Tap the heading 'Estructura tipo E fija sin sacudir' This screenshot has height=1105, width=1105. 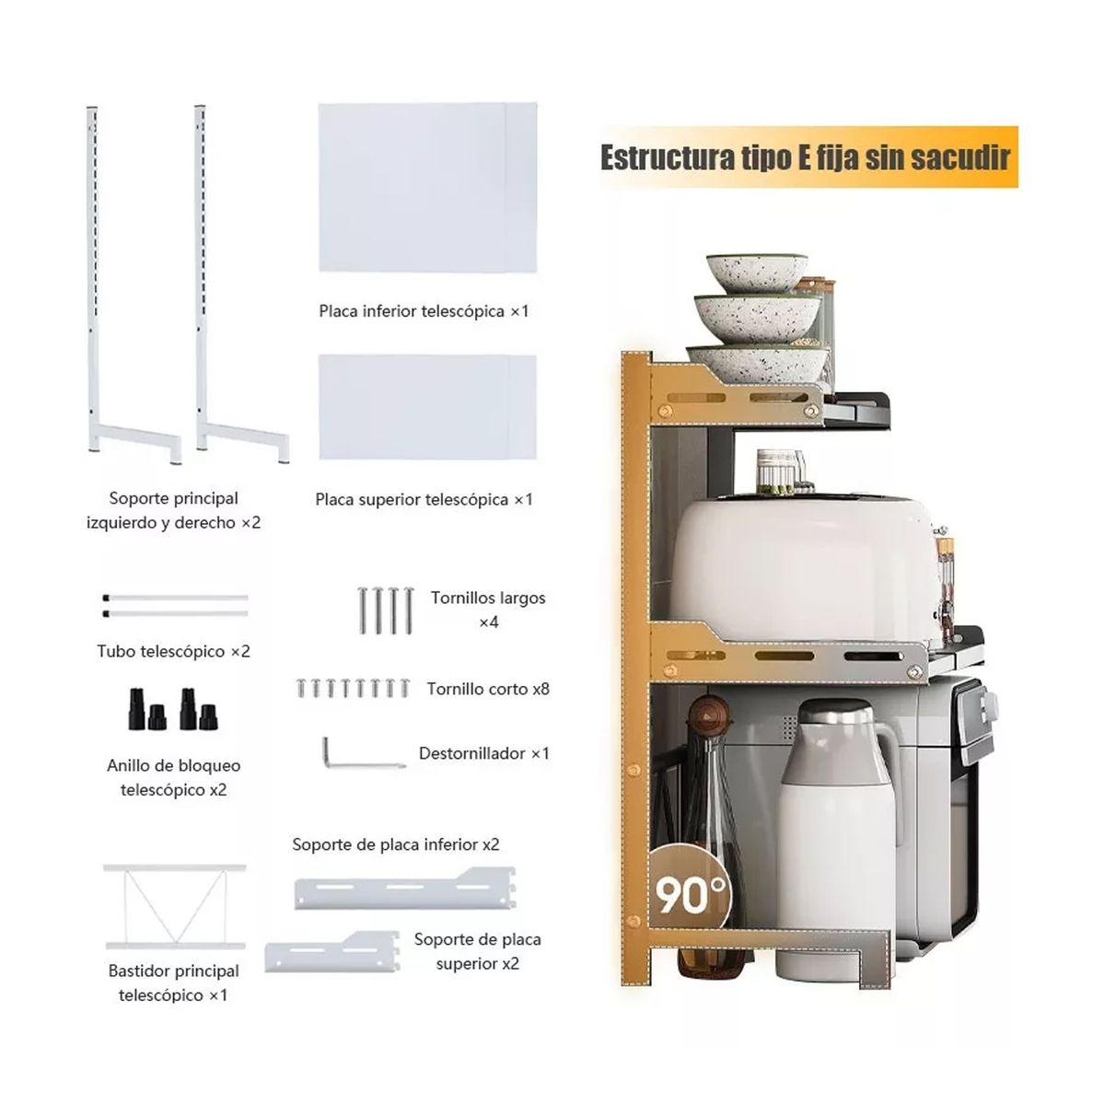(x=806, y=157)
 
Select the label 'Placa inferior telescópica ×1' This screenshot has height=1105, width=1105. (x=425, y=311)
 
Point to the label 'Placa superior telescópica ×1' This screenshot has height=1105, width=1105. (x=425, y=500)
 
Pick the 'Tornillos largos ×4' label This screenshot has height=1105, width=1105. (x=488, y=610)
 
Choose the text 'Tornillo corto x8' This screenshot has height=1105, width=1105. (x=488, y=689)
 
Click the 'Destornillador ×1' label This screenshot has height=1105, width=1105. (x=484, y=753)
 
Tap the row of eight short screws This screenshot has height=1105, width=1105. (x=353, y=688)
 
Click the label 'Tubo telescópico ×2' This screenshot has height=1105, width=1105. (x=174, y=651)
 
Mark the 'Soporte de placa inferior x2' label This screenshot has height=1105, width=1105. (x=396, y=844)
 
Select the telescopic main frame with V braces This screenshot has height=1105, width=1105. (x=174, y=907)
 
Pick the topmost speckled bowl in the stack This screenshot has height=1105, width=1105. (x=757, y=272)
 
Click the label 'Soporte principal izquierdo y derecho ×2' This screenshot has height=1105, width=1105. (x=174, y=510)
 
